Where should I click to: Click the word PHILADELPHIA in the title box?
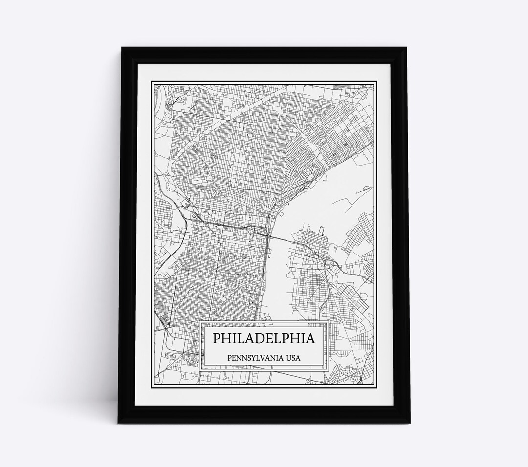(x=264, y=339)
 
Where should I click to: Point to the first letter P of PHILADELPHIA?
(x=216, y=339)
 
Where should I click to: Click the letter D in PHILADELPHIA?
(x=259, y=339)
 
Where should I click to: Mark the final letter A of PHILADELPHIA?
(x=310, y=339)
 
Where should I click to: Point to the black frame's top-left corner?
(x=122, y=47)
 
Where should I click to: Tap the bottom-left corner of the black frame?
(x=118, y=423)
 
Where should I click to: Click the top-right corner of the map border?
(x=374, y=84)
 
